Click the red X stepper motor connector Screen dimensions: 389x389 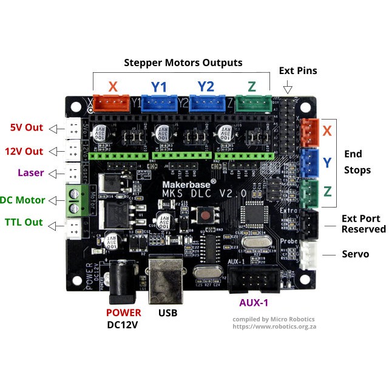click(x=113, y=104)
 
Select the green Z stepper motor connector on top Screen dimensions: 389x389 click(x=252, y=104)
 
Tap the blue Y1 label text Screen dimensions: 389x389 click(x=158, y=87)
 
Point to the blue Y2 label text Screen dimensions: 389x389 click(x=206, y=87)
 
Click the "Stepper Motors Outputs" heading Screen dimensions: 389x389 click(x=183, y=63)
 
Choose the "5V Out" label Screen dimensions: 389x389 click(x=27, y=127)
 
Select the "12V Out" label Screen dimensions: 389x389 click(x=24, y=151)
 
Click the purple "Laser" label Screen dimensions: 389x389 click(x=30, y=173)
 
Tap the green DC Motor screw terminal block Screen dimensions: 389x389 click(x=75, y=200)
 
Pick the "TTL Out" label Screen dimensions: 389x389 click(x=24, y=222)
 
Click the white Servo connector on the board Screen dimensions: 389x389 click(x=309, y=254)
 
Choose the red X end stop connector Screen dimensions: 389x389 click(x=309, y=132)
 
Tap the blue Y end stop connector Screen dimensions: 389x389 click(x=309, y=161)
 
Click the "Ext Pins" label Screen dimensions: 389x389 click(x=298, y=71)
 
